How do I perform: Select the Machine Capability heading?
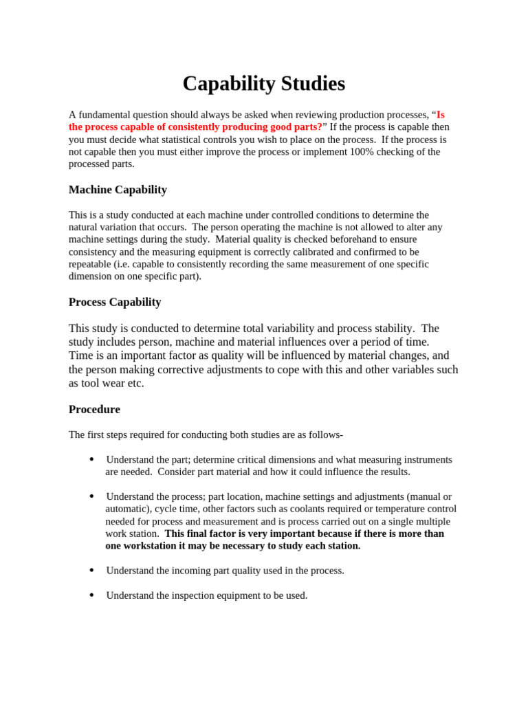tap(118, 190)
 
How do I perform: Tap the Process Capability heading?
tap(115, 302)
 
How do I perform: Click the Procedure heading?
tap(94, 409)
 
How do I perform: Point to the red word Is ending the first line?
tap(441, 115)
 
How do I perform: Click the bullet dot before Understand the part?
tap(91, 459)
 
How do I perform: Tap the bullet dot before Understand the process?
tap(91, 496)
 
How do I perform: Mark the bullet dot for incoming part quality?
tap(91, 571)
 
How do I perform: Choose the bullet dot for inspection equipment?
tap(91, 595)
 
